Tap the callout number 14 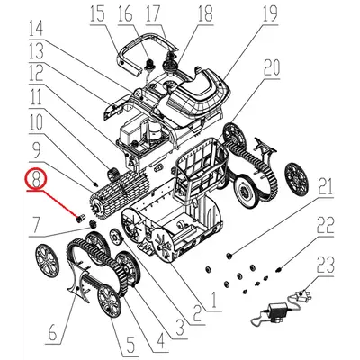(35, 27)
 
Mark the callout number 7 (35, 223)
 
